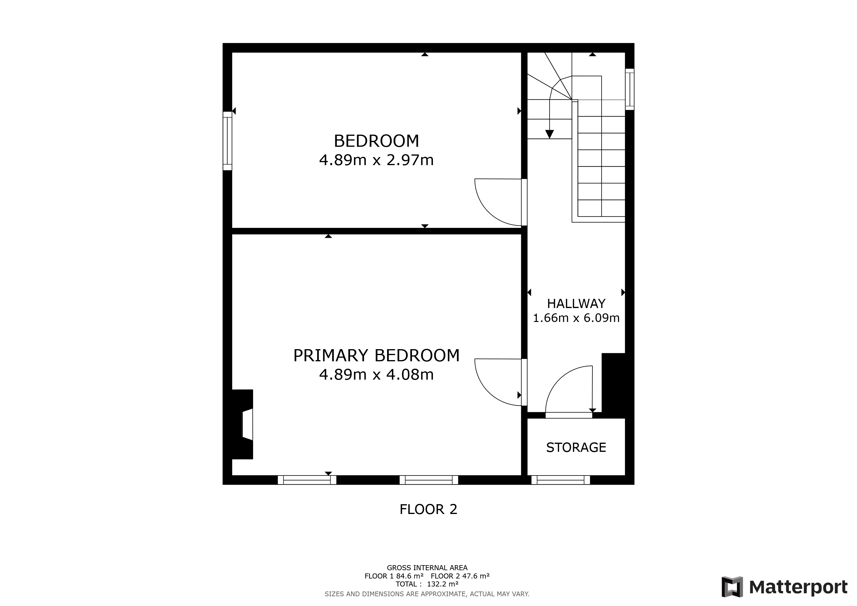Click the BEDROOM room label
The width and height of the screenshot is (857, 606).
pyautogui.click(x=376, y=141)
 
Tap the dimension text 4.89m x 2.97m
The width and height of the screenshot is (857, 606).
pyautogui.click(x=376, y=160)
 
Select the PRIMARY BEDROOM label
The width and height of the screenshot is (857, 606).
pyautogui.click(x=376, y=355)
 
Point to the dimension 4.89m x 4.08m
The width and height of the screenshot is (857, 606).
pyautogui.click(x=376, y=374)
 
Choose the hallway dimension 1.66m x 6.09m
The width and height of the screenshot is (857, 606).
pyautogui.click(x=576, y=318)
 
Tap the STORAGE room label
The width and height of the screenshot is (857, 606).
pyautogui.click(x=576, y=447)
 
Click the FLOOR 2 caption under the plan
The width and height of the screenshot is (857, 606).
pyautogui.click(x=428, y=509)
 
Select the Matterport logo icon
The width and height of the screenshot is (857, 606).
pyautogui.click(x=732, y=587)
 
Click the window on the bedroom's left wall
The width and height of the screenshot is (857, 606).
pyautogui.click(x=227, y=141)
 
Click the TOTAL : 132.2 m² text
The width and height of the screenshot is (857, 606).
pyautogui.click(x=427, y=584)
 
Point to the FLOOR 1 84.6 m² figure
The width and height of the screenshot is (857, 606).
pyautogui.click(x=394, y=576)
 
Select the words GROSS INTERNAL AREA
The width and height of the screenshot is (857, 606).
pyautogui.click(x=427, y=568)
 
